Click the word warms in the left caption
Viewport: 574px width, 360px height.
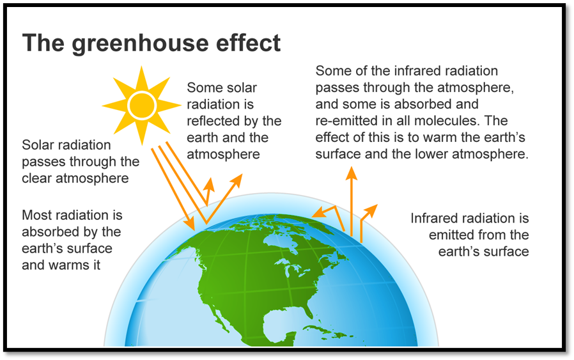coord(65,265)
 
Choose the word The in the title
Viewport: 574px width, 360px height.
coord(44,43)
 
